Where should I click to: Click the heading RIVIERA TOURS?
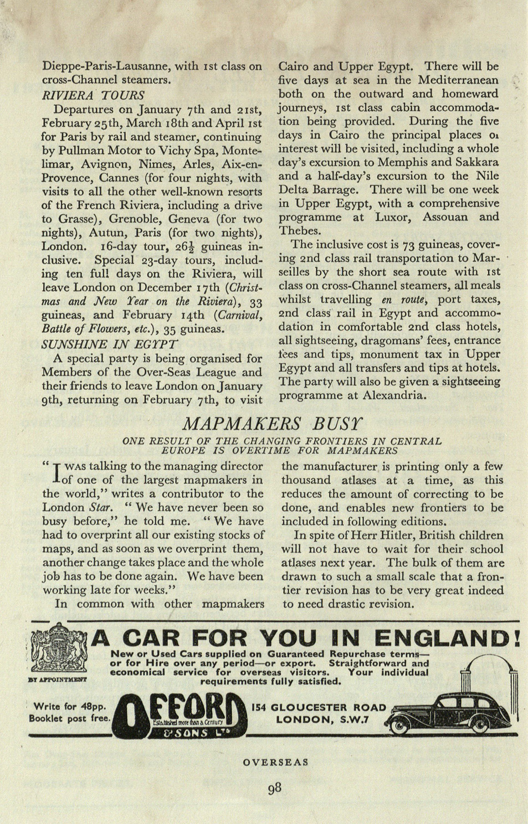click(x=93, y=95)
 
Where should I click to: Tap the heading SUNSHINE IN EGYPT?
click(x=110, y=343)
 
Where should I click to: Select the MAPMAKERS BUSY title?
click(x=273, y=424)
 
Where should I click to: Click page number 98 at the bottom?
click(x=274, y=787)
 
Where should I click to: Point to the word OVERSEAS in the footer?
click(x=275, y=762)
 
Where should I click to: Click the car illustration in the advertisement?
click(x=452, y=714)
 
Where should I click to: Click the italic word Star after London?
click(x=101, y=507)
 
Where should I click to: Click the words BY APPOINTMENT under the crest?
click(x=57, y=679)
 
